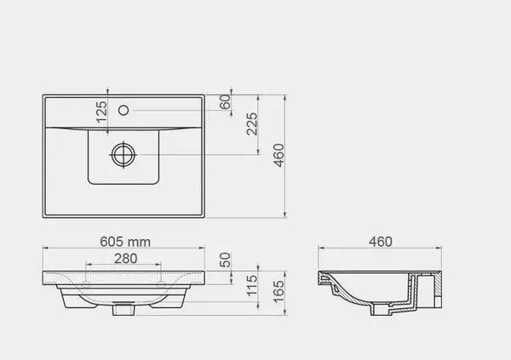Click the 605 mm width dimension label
click(125, 242)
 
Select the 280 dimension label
click(125, 259)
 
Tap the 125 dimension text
click(101, 111)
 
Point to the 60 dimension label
click(225, 102)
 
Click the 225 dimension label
click(252, 123)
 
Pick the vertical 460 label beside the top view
click(279, 155)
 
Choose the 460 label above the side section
click(381, 242)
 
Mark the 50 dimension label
click(225, 260)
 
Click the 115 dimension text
click(252, 286)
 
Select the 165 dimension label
click(279, 292)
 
